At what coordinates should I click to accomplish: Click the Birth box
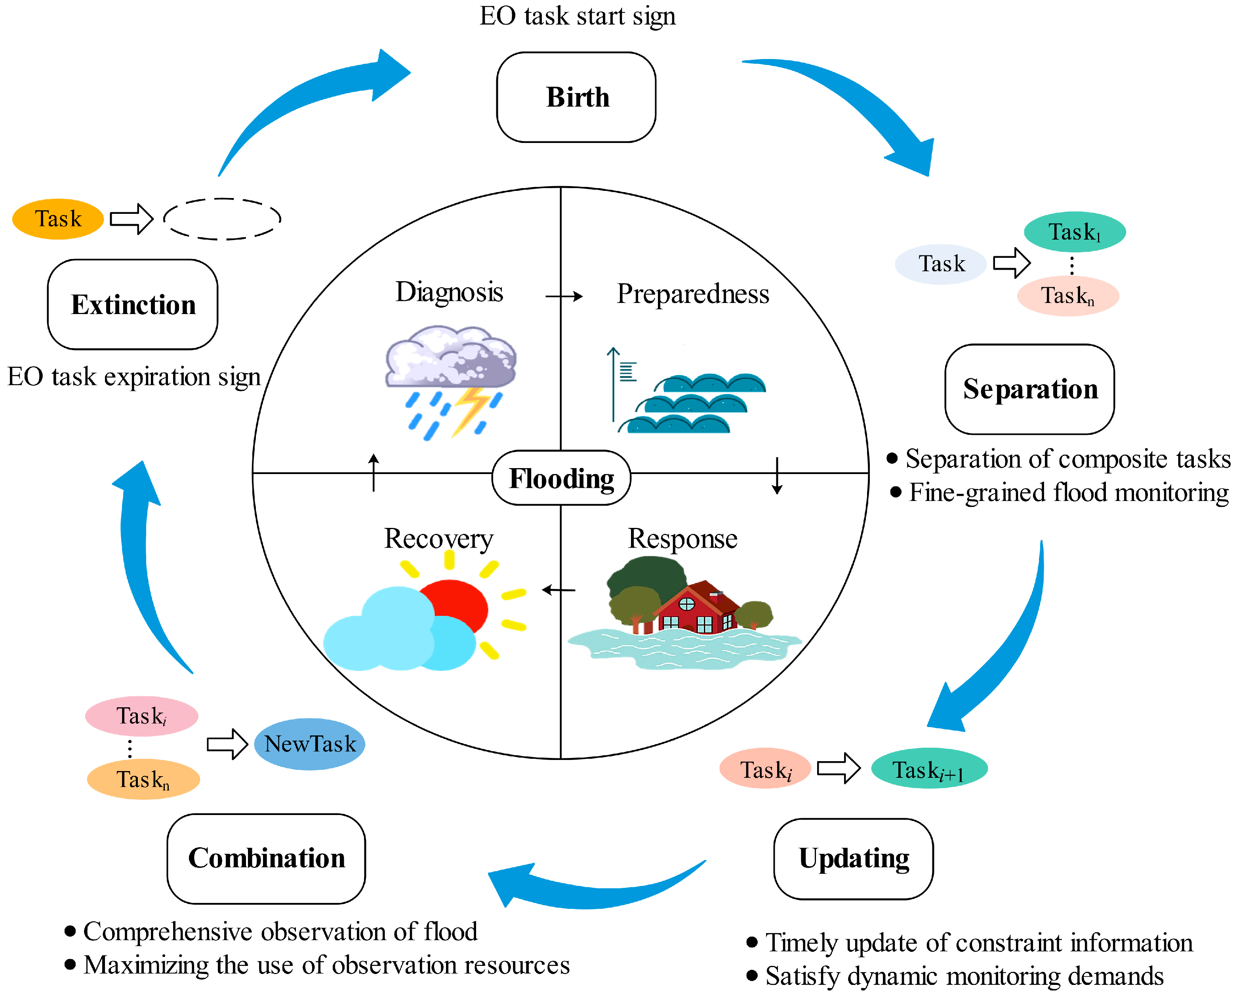click(x=576, y=97)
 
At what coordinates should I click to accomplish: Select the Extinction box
click(x=133, y=304)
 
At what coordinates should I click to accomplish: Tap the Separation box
click(x=1029, y=389)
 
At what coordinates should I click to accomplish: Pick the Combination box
click(x=266, y=858)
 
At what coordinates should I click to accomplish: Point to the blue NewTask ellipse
click(x=310, y=744)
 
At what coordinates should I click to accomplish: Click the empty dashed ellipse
click(x=222, y=219)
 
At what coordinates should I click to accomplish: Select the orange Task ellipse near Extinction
click(x=57, y=219)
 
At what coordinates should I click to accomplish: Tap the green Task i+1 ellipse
click(x=929, y=769)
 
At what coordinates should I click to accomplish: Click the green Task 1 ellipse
click(x=1075, y=232)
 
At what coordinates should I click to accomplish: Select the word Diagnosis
click(x=449, y=292)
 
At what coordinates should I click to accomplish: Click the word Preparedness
click(x=692, y=294)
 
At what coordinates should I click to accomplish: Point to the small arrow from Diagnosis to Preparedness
click(x=564, y=296)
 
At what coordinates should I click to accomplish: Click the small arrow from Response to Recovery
click(x=558, y=590)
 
